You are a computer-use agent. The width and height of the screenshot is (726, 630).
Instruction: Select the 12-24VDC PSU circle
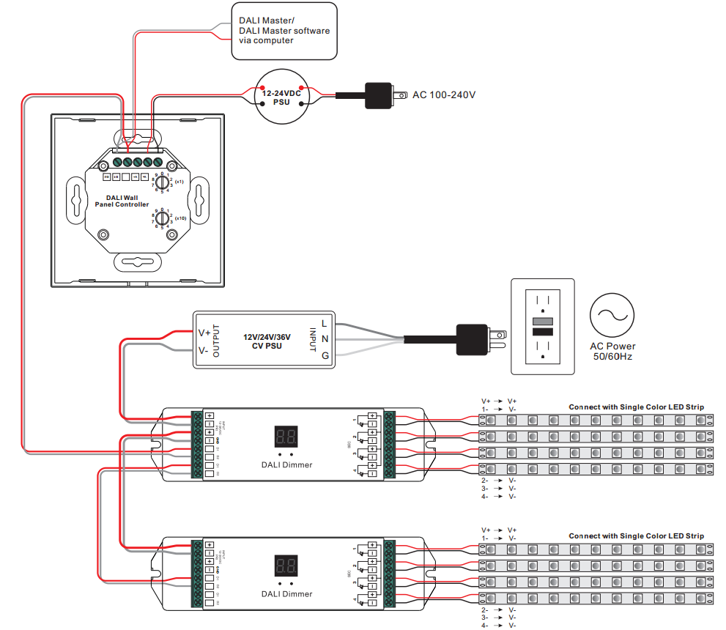tap(282, 98)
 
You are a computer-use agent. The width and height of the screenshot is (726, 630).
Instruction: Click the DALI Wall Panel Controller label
tap(122, 201)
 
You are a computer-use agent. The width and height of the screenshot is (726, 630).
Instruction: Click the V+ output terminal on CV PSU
tap(204, 333)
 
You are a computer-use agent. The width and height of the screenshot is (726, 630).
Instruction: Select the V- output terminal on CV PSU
tap(204, 351)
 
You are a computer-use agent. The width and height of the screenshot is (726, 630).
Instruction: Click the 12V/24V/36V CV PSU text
tap(267, 341)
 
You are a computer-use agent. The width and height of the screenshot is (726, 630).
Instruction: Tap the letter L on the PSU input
tap(325, 323)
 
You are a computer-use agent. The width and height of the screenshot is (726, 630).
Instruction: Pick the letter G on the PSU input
tap(325, 355)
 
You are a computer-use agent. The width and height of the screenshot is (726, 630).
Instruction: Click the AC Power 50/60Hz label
tap(612, 351)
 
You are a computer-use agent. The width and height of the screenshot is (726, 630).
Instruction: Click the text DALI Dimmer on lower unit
tap(286, 593)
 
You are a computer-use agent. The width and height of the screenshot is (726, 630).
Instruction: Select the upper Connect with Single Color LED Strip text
tap(636, 407)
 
